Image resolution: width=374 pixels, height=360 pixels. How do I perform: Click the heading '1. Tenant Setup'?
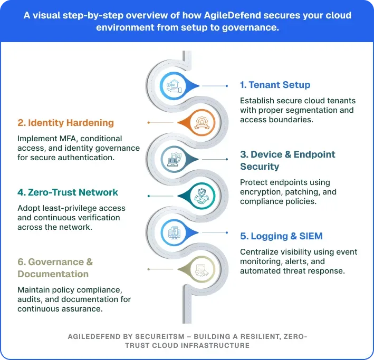[x=275, y=85]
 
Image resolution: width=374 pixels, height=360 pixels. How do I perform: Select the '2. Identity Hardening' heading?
[x=65, y=123]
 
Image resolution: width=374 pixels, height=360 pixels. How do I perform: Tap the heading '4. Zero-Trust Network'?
[x=68, y=192]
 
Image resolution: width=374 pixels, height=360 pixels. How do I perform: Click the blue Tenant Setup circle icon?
[x=172, y=85]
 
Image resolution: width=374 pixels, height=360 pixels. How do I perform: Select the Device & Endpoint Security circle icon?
[x=173, y=159]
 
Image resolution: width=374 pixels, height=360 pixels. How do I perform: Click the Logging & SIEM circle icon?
[x=172, y=232]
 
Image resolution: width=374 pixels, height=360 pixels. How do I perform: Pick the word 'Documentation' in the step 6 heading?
[x=53, y=274]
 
